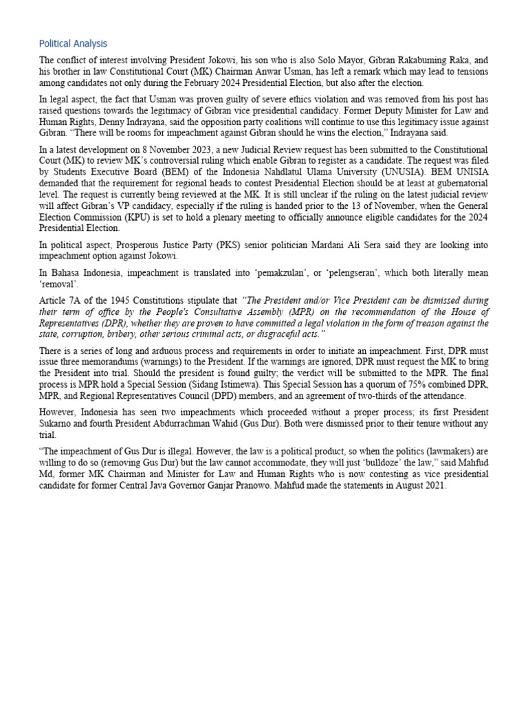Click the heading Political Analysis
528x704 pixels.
[73, 43]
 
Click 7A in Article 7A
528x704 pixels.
[72, 301]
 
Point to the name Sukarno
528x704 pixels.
[58, 424]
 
